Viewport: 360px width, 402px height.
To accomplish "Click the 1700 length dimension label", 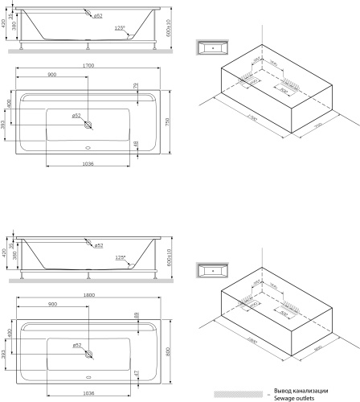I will point(89,64).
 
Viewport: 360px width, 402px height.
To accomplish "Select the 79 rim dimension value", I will point(136,86).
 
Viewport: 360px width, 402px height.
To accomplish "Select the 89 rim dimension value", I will point(136,317).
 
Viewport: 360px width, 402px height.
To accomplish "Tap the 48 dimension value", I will point(136,145).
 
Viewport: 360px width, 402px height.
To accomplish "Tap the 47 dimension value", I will point(136,374).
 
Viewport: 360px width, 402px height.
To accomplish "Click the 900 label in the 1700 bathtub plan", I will point(51,75).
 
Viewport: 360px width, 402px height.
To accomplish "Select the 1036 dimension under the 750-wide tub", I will point(89,163).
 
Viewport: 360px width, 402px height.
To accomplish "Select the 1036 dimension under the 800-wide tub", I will point(89,392).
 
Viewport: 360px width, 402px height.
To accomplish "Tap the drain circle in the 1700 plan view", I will point(88,125).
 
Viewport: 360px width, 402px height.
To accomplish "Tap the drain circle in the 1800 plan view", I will point(88,355).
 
